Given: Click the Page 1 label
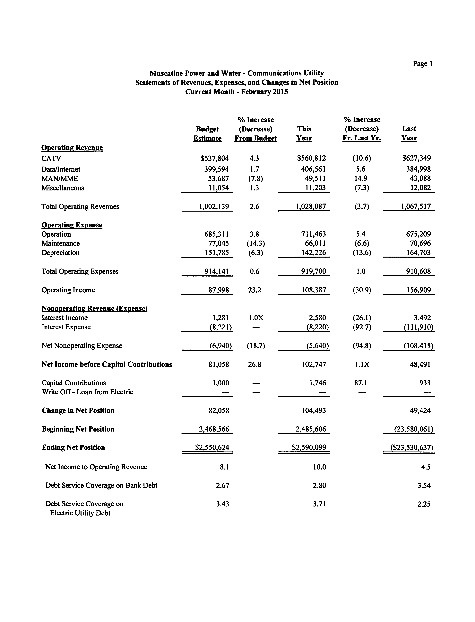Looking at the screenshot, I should click(x=422, y=64).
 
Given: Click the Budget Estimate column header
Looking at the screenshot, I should click(x=207, y=134).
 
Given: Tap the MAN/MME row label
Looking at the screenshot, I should click(x=60, y=178).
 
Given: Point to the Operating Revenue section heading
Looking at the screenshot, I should click(x=72, y=148).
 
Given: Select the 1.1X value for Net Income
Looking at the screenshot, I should click(x=362, y=364).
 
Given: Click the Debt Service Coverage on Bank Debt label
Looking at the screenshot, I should click(x=101, y=486).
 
